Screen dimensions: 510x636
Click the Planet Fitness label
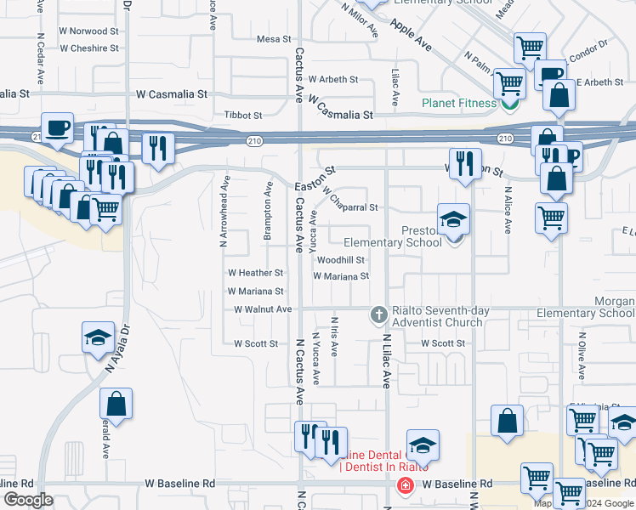coord(459,104)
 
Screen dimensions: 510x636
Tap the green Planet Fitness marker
coord(510,104)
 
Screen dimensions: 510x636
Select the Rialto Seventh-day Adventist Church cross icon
coord(379,315)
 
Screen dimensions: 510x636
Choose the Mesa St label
coord(274,39)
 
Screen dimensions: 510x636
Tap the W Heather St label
coord(255,273)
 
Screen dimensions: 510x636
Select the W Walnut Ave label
coord(263,309)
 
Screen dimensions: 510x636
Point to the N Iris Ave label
coord(334,336)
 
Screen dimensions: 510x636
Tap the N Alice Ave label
coord(508,211)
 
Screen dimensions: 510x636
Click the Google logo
coord(28,500)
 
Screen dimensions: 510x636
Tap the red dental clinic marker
coord(405,485)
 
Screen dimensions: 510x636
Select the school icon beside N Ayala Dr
coord(98,337)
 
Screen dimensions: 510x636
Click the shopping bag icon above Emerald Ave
coord(116,405)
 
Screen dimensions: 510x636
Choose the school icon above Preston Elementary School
coord(453,219)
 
